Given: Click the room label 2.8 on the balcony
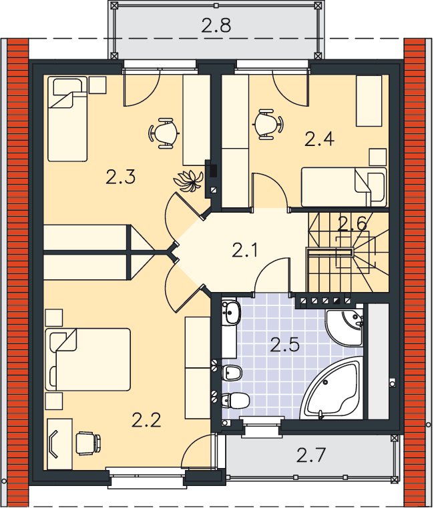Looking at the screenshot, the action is tap(216, 25).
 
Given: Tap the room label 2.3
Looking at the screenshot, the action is tap(120, 177).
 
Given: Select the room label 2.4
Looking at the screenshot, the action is tap(320, 139).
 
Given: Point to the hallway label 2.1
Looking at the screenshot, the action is tap(245, 250).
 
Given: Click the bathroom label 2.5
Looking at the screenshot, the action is tap(284, 345).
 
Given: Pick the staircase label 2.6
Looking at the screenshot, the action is tap(353, 223).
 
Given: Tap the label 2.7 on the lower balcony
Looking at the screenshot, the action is tap(310, 455).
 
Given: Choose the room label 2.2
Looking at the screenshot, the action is tap(146, 420).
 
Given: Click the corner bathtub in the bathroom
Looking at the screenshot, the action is tap(331, 389).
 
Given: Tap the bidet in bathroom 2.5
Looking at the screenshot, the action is tap(232, 373).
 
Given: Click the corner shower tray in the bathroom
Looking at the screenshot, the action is tap(345, 328).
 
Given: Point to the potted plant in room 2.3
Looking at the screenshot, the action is tap(188, 180).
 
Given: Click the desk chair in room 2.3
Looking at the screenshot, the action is tap(164, 133).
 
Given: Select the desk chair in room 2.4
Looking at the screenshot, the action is tap(268, 125).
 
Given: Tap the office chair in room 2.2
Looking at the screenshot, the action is tap(88, 443).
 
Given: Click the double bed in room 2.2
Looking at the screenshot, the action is tap(88, 359).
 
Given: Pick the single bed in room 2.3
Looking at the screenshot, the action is tap(67, 119).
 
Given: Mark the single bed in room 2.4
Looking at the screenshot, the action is tap(344, 187).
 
